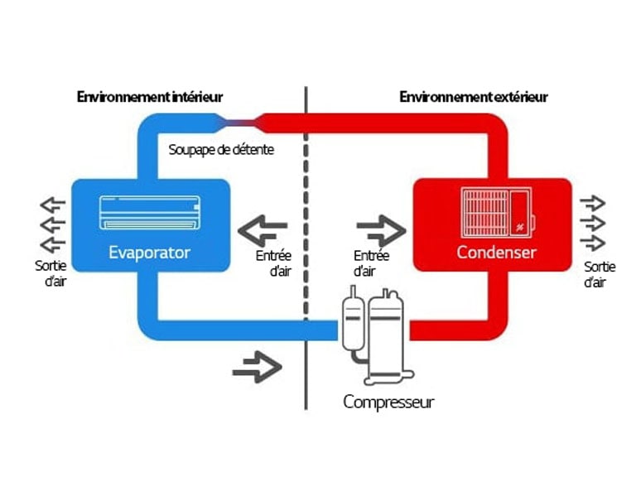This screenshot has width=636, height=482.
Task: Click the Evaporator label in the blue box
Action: [x=150, y=252]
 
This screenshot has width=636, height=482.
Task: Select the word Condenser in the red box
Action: [x=497, y=252]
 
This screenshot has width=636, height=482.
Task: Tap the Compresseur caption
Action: [x=388, y=403]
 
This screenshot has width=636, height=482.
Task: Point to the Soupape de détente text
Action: [x=221, y=150]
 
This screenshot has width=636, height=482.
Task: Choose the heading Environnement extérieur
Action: [x=473, y=97]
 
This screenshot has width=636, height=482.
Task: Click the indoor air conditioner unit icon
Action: [x=150, y=212]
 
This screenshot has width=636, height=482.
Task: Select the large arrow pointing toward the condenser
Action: [x=381, y=225]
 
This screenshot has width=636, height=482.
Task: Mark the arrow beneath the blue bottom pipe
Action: [x=257, y=368]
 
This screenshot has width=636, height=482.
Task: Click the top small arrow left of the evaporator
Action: [x=52, y=205]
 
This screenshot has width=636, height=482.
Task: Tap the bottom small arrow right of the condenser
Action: [x=593, y=243]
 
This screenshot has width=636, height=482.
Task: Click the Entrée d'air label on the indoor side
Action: [x=273, y=263]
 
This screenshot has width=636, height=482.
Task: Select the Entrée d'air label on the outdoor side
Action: [x=371, y=263]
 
